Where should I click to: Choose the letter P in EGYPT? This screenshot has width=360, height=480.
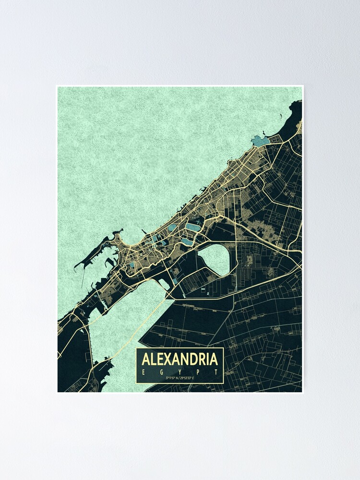(x=199, y=372)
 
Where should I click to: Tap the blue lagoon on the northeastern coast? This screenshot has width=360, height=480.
(x=260, y=141)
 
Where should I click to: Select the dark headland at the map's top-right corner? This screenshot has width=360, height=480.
(x=293, y=115)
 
